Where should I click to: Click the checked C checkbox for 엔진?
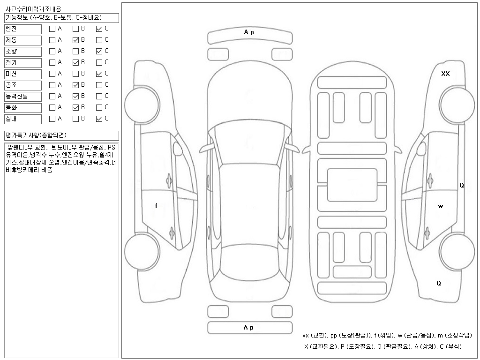(99, 29)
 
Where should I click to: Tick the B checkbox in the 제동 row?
(75, 40)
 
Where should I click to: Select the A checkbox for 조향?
(52, 52)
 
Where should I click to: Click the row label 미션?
(11, 74)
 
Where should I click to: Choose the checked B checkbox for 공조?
(75, 85)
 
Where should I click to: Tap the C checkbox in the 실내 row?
(99, 119)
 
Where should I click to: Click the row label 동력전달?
(17, 96)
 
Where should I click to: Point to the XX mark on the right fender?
(445, 74)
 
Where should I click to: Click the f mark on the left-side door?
(156, 206)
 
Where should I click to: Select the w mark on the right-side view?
(441, 206)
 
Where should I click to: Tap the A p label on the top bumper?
(249, 32)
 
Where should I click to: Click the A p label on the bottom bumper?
(248, 328)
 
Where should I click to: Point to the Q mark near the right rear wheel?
(439, 283)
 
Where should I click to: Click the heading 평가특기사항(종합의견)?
(36, 135)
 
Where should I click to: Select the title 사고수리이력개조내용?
(33, 9)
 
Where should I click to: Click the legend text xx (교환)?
(315, 336)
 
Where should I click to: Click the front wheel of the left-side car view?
(142, 105)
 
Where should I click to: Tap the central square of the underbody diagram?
(352, 185)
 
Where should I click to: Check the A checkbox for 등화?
(52, 107)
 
